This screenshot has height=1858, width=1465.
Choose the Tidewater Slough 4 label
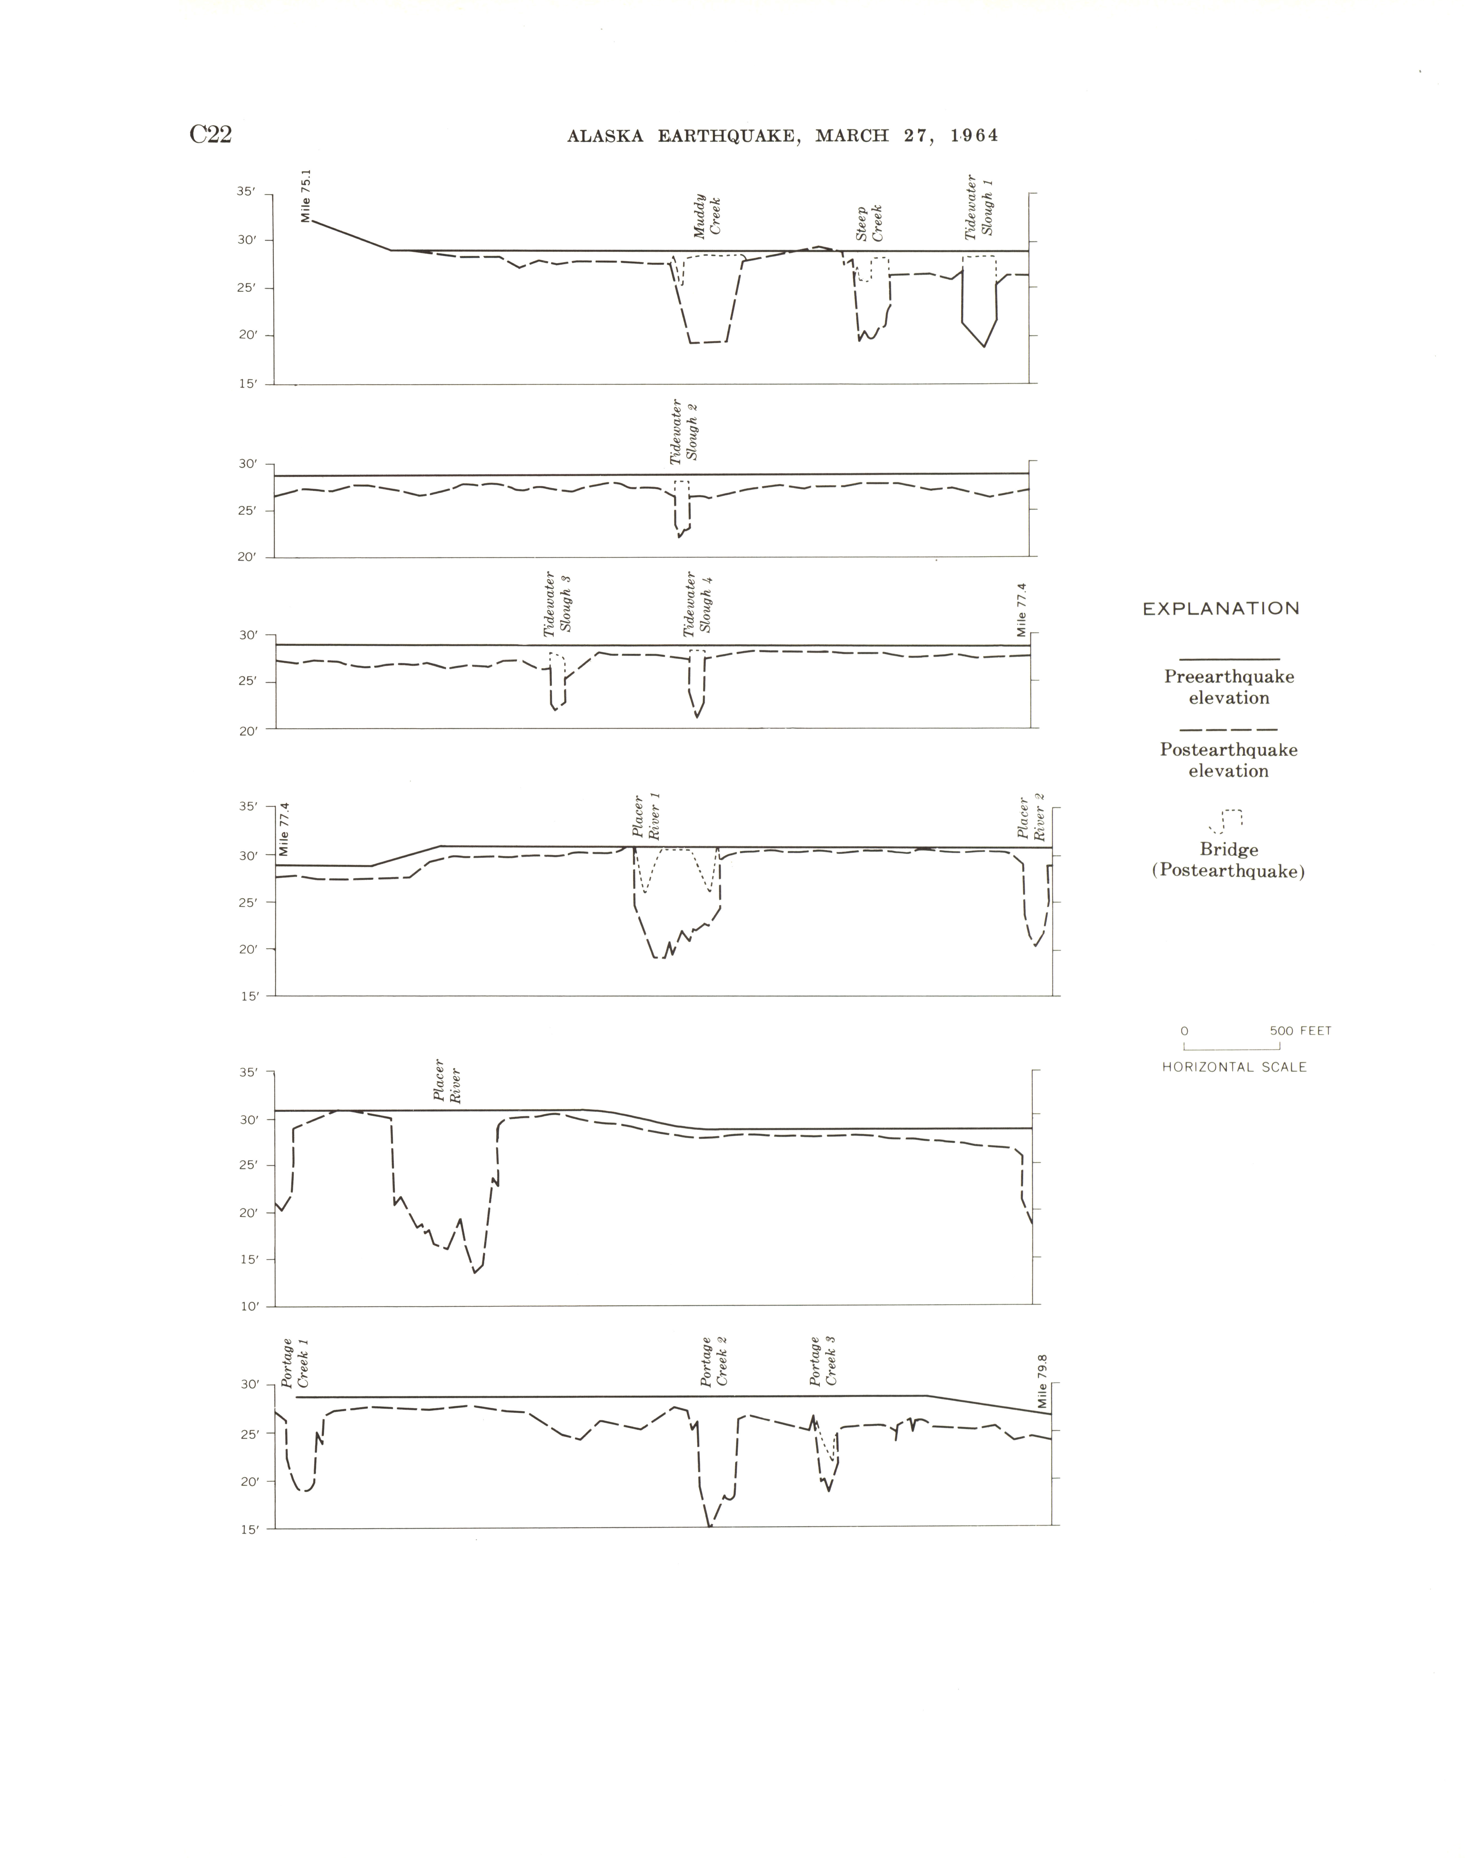coord(698,605)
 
